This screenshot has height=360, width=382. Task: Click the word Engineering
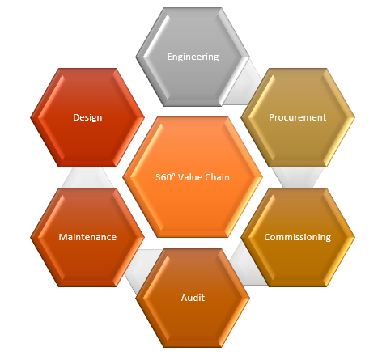coord(193,57)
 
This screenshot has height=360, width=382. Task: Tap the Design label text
coord(87,117)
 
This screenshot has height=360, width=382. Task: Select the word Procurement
coord(298,117)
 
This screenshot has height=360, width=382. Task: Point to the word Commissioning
coord(298,237)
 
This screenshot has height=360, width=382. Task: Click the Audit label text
coord(193,298)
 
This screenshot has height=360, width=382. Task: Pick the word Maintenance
coord(87,237)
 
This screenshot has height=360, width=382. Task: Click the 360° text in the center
coord(165,177)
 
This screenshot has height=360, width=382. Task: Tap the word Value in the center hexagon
coord(190,177)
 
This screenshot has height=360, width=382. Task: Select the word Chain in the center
coord(218,177)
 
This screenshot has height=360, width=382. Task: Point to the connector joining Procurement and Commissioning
coord(298,177)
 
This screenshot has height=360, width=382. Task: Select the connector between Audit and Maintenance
coord(140,269)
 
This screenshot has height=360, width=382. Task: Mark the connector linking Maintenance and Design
coord(87,177)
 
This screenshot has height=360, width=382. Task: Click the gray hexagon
coord(193,57)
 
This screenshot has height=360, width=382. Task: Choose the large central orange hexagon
coord(193,177)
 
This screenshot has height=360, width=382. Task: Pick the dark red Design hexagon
coord(87,117)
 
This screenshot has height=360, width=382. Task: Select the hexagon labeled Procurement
coord(298,117)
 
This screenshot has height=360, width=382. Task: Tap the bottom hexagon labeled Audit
coord(193,298)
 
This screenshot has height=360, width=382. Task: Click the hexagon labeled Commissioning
coord(298,237)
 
